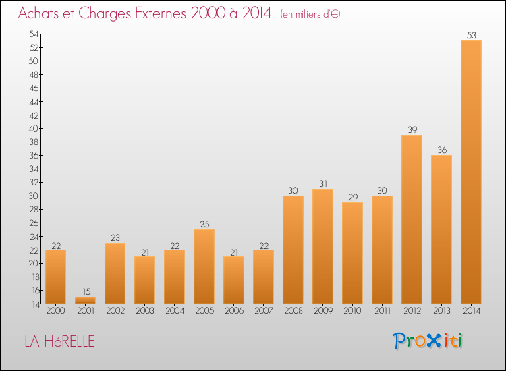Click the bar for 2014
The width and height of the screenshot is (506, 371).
coord(471,172)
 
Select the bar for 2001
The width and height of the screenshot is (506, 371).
coord(85,300)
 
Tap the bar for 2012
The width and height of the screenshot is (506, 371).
coord(412,219)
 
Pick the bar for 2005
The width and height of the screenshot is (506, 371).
coord(204,266)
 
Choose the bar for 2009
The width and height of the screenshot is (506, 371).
coord(322,246)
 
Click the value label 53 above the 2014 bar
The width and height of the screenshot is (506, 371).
coord(471,35)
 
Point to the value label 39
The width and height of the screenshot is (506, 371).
coord(412,130)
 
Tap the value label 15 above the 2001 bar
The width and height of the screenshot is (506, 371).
coord(85,291)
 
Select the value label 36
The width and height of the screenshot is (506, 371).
coord(441,150)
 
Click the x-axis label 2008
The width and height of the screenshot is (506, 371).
coord(293,311)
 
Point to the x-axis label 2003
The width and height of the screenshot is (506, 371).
coord(144,311)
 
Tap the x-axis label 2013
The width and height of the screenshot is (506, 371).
coord(441,311)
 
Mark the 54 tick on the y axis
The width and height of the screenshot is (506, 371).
coord(32,34)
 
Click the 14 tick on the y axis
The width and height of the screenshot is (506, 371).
coord(32,304)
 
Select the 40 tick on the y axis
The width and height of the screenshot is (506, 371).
coord(32,128)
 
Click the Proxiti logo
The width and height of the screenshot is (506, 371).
coord(428,341)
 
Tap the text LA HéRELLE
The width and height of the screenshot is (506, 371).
coord(59,341)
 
